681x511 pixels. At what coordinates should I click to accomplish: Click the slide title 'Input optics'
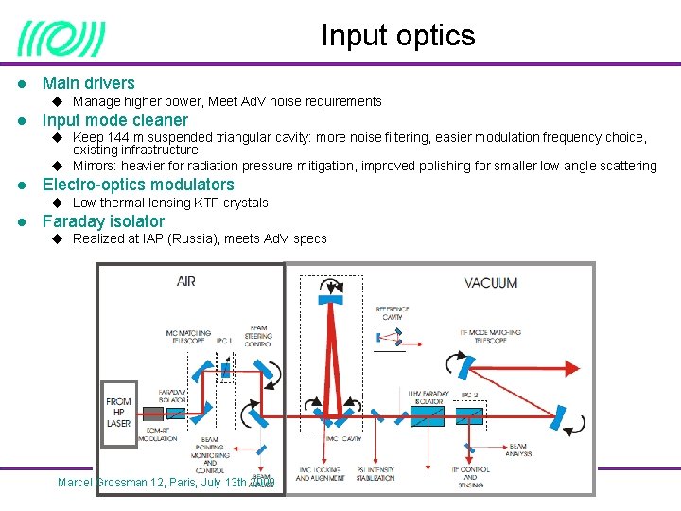[398, 36]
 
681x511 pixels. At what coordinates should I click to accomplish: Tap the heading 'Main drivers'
[89, 83]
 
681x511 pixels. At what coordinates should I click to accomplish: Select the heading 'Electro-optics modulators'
[138, 185]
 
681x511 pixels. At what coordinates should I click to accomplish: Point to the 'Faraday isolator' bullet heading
[103, 221]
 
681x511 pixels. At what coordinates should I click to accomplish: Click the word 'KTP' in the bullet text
[207, 203]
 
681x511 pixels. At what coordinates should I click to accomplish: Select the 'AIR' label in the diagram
[186, 282]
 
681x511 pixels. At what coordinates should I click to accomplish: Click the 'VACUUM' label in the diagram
[491, 282]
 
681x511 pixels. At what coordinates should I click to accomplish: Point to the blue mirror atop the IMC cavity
[328, 299]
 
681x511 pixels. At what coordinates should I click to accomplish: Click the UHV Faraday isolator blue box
[428, 415]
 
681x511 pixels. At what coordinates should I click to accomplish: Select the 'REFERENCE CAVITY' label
[393, 313]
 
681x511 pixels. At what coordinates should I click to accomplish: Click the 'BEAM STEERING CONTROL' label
[258, 333]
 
